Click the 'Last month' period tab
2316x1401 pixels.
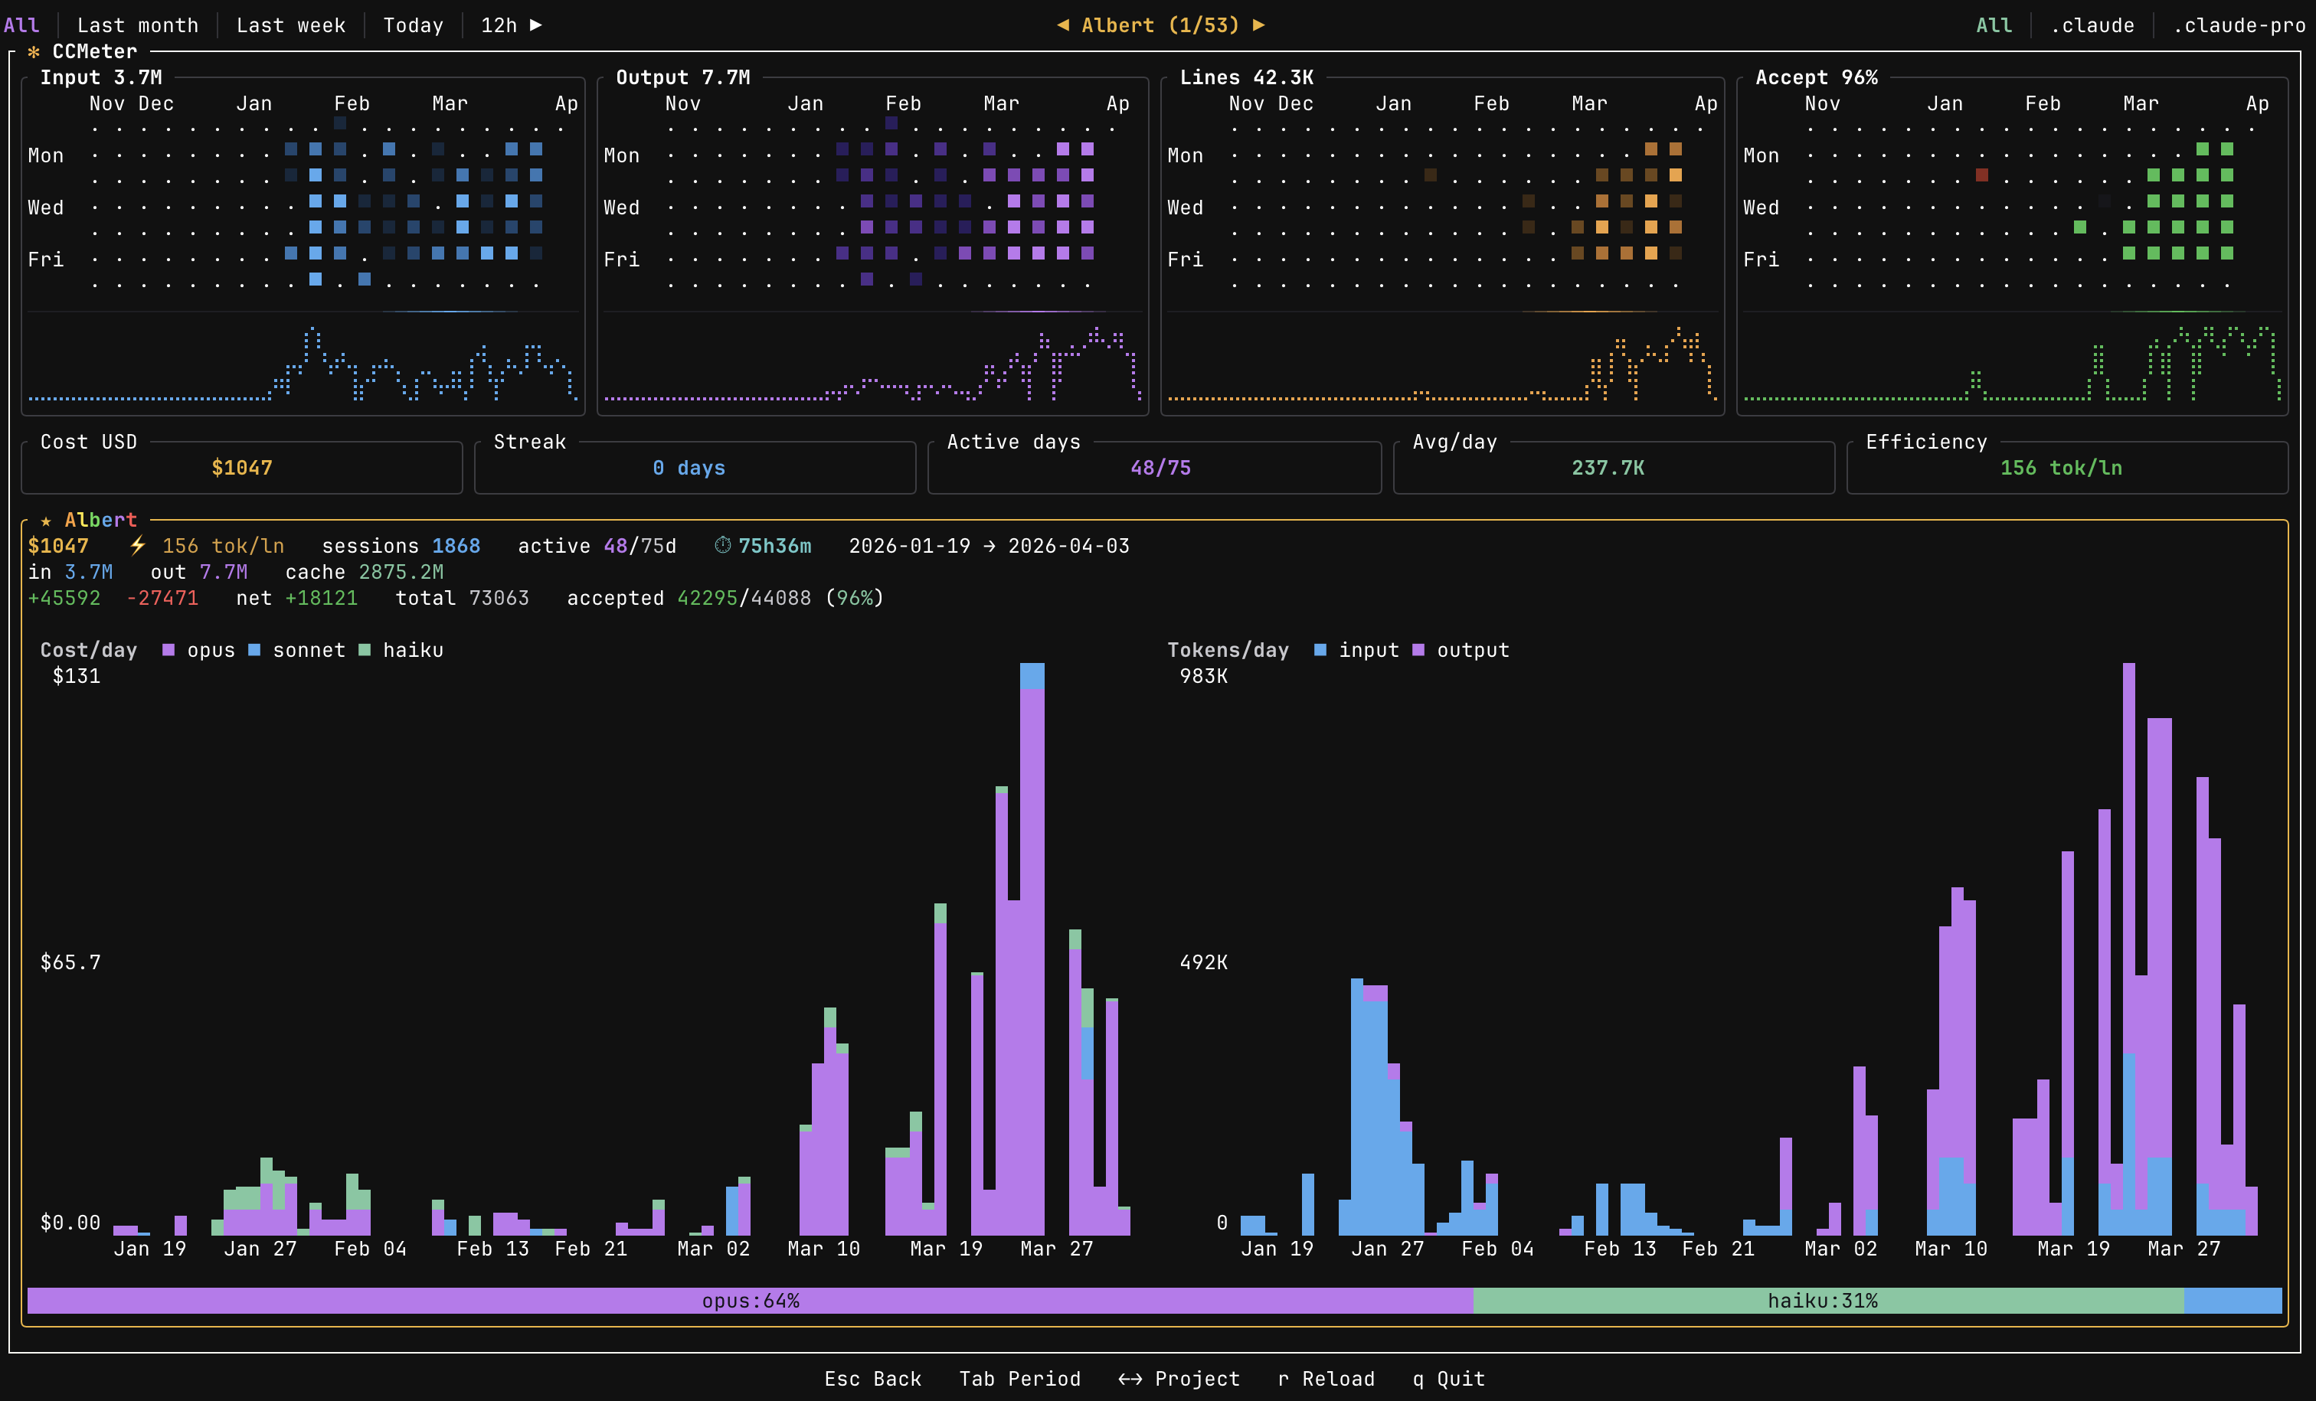(137, 25)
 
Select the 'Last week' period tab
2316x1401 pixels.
(290, 25)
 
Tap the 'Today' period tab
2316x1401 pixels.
(413, 25)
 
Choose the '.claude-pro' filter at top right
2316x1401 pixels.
(2238, 25)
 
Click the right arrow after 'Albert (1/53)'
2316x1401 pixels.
(1258, 25)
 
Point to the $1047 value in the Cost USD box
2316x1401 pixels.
(241, 468)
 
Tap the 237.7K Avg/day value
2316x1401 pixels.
(1608, 468)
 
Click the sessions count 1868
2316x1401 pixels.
(456, 546)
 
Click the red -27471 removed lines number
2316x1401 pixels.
(162, 599)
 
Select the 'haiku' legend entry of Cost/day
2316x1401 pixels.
(412, 650)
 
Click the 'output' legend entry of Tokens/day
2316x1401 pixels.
(1472, 650)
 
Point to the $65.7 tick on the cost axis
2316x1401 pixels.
(70, 962)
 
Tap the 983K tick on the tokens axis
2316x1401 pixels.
(1203, 677)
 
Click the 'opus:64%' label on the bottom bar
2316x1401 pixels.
(750, 1301)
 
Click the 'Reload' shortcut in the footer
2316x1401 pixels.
(1337, 1380)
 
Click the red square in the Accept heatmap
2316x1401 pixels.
(1981, 175)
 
